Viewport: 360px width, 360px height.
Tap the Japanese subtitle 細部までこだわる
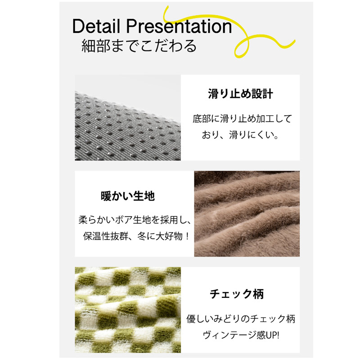click(x=139, y=46)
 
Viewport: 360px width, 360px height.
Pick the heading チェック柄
click(x=237, y=294)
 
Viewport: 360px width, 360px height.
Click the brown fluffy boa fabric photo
click(x=247, y=214)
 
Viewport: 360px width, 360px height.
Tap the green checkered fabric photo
click(x=127, y=310)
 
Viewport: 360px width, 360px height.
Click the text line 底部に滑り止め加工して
click(x=242, y=119)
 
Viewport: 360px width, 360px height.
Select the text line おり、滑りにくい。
click(x=240, y=135)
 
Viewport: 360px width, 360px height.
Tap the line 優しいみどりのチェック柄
click(x=241, y=319)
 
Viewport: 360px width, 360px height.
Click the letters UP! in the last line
click(x=271, y=335)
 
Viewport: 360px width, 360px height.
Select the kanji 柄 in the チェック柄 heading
click(x=257, y=294)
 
